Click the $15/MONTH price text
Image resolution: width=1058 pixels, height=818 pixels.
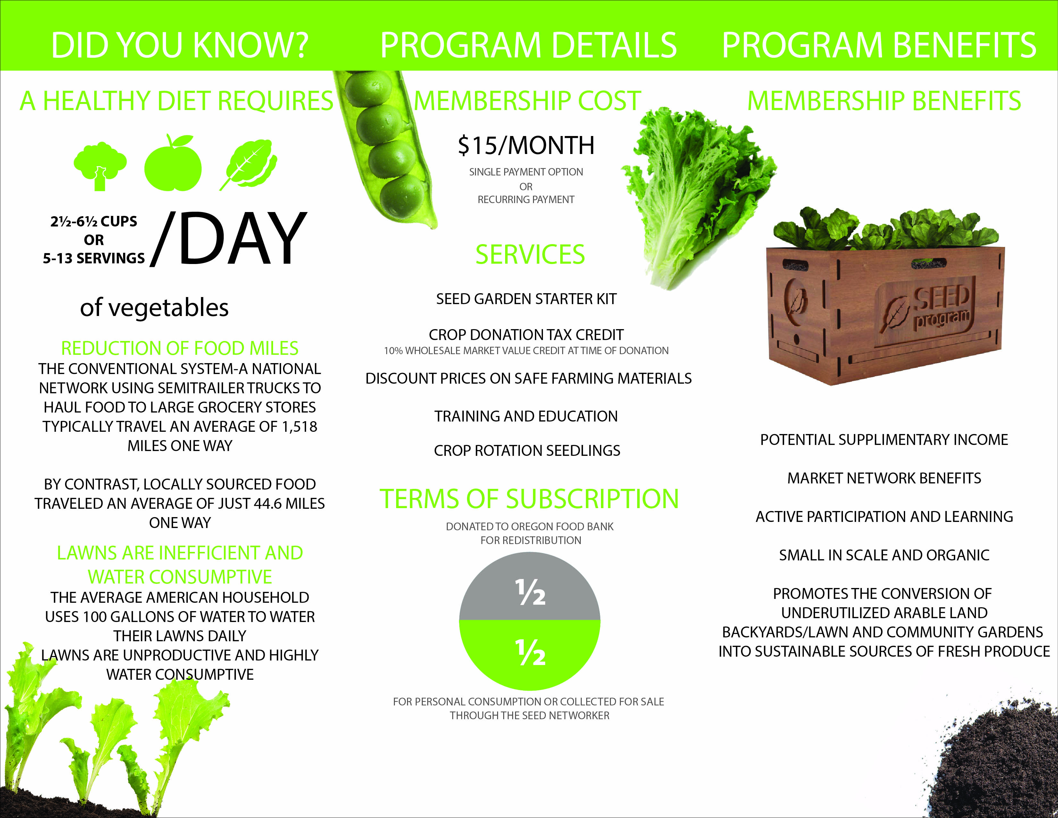click(526, 145)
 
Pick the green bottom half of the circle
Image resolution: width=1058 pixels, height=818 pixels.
click(529, 652)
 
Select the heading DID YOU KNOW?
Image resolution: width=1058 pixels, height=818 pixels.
click(180, 45)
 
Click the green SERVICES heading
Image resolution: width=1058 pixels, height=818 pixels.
click(530, 255)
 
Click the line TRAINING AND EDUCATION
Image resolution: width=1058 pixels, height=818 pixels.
click(526, 416)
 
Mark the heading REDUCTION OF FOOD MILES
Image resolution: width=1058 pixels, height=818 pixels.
click(180, 348)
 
